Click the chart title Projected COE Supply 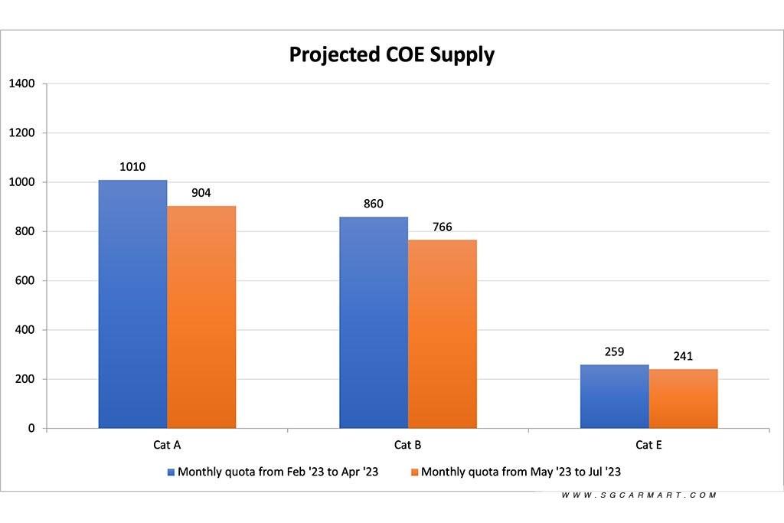click(x=391, y=55)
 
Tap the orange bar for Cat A click(x=201, y=317)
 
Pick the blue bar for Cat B click(x=374, y=322)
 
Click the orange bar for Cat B click(x=442, y=334)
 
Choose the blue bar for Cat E click(x=614, y=397)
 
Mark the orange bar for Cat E click(x=683, y=399)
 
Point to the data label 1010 click(x=132, y=167)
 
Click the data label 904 click(x=201, y=193)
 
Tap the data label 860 click(x=374, y=204)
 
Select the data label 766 click(x=442, y=227)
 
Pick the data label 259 click(x=614, y=352)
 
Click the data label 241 click(x=683, y=356)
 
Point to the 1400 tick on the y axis click(x=21, y=83)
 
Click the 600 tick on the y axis click(x=26, y=281)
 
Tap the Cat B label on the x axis click(x=407, y=445)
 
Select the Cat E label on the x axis click(x=648, y=445)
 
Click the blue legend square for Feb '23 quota click(x=171, y=472)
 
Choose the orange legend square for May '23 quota click(x=415, y=472)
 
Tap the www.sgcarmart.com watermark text click(x=639, y=495)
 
